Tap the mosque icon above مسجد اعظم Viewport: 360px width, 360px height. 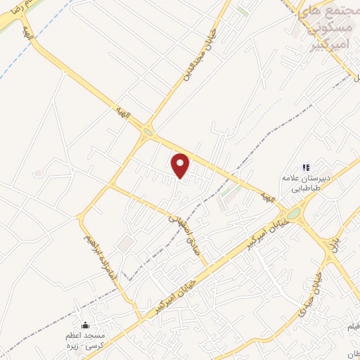coord(86,326)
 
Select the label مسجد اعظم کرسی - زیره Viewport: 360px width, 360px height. coord(86,340)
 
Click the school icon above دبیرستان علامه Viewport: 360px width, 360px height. coord(305,167)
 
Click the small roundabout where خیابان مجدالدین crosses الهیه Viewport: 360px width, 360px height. coord(148,131)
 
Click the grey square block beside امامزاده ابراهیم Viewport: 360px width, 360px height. coord(125,243)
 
